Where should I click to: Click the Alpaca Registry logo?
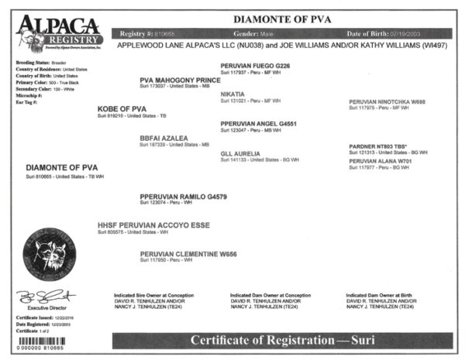pyautogui.click(x=57, y=30)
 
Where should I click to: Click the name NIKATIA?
pyautogui.click(x=236, y=94)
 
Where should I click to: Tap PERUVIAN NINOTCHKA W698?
pyautogui.click(x=387, y=101)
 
